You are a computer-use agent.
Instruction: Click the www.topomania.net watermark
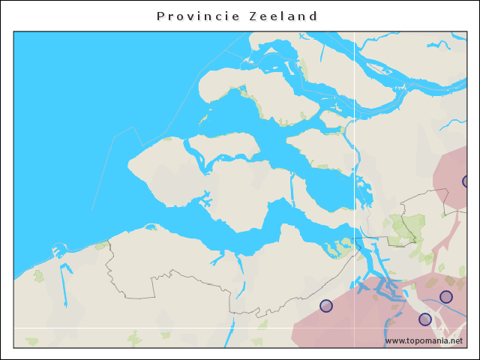(x=424, y=340)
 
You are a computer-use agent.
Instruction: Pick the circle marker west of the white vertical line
(x=326, y=305)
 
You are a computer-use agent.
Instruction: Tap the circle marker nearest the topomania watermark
(x=425, y=319)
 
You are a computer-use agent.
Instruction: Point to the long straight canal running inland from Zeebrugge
(x=63, y=289)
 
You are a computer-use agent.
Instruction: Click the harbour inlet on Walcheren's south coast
(x=205, y=201)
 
